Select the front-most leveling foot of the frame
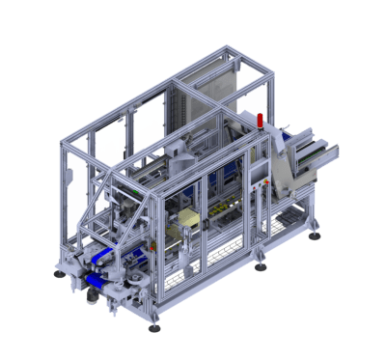[x=153, y=328]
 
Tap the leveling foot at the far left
[x=65, y=274]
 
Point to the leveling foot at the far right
[x=316, y=235]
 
